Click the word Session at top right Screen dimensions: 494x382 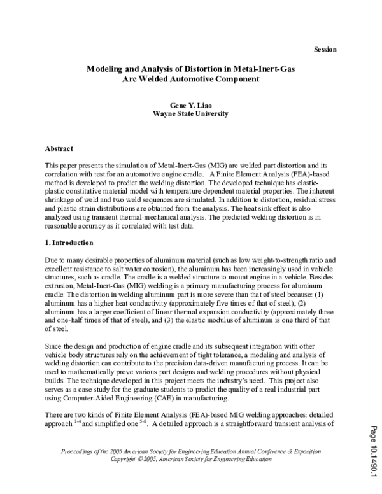click(325, 50)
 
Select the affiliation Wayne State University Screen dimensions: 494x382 click(190, 114)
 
